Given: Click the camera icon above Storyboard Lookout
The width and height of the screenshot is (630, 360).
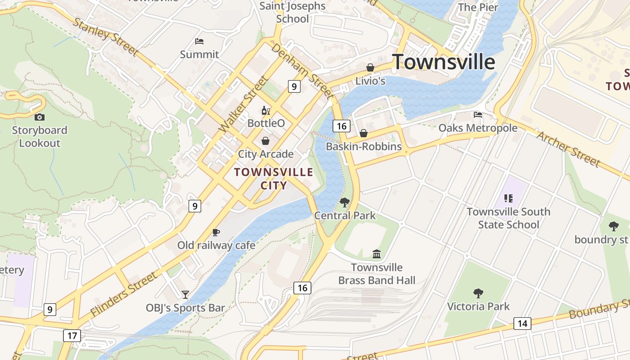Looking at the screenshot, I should (x=40, y=117).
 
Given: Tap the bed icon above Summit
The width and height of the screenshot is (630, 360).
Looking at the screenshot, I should (x=199, y=41).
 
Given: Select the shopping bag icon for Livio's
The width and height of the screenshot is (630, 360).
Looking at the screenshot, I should (x=370, y=67).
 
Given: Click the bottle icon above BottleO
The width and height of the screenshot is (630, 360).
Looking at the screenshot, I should (x=265, y=110).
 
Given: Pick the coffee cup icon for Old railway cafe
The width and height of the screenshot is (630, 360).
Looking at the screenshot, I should (x=216, y=232).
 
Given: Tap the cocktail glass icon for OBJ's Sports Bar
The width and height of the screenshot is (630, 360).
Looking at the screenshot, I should (x=185, y=295).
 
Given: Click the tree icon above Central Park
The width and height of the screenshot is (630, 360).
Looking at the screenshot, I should (x=345, y=202).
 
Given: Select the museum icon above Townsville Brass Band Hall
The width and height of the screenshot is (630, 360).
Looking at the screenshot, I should (x=377, y=254).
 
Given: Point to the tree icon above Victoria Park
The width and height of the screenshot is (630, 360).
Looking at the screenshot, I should (x=478, y=293).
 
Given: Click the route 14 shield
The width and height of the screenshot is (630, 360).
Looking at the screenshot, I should (x=522, y=323).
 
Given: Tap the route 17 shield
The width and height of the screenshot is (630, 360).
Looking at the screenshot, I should (x=72, y=335).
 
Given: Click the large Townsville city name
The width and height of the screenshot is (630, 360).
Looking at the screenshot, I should (x=444, y=62).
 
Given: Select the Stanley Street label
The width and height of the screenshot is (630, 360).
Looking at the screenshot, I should (x=105, y=36).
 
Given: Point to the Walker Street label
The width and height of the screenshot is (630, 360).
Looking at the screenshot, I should (x=243, y=104).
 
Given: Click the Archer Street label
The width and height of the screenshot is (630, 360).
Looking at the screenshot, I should (x=568, y=149).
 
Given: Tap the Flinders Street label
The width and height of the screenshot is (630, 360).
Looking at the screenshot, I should (x=124, y=293).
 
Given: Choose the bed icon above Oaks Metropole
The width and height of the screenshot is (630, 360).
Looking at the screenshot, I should (x=478, y=115).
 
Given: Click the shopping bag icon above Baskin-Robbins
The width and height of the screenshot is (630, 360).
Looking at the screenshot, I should (x=364, y=133).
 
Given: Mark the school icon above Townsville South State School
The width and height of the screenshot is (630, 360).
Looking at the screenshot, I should (x=508, y=198).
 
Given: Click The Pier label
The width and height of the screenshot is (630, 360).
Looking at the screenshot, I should (x=478, y=7).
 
